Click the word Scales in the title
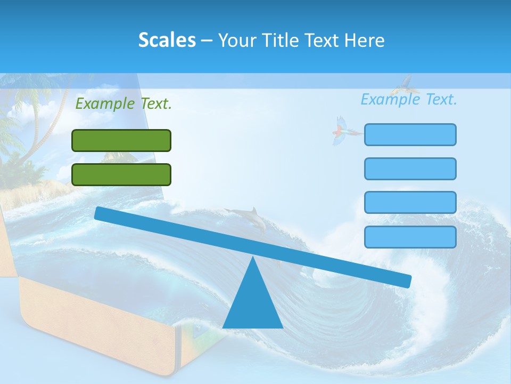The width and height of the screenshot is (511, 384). tap(167, 41)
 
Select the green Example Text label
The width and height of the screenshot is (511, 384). tap(123, 103)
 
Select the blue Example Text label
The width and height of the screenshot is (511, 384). tap(409, 99)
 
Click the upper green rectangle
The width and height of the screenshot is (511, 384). tap(121, 140)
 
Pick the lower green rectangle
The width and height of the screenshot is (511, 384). tap(121, 174)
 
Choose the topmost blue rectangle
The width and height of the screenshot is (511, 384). tap(410, 134)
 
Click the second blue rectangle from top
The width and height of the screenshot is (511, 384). tap(410, 169)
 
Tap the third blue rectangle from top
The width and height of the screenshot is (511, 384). tap(410, 203)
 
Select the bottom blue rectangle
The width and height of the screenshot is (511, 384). tap(410, 237)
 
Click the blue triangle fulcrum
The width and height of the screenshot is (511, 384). tap(253, 304)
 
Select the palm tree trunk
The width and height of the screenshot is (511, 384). tap(39, 128)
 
